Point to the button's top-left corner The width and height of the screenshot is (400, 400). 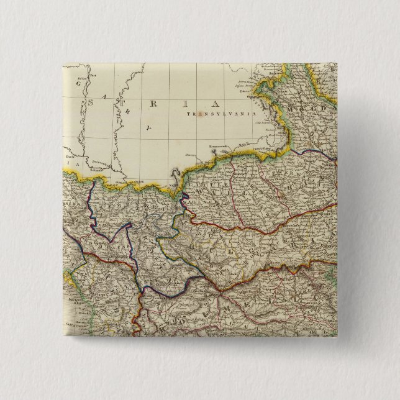click(63, 62)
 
